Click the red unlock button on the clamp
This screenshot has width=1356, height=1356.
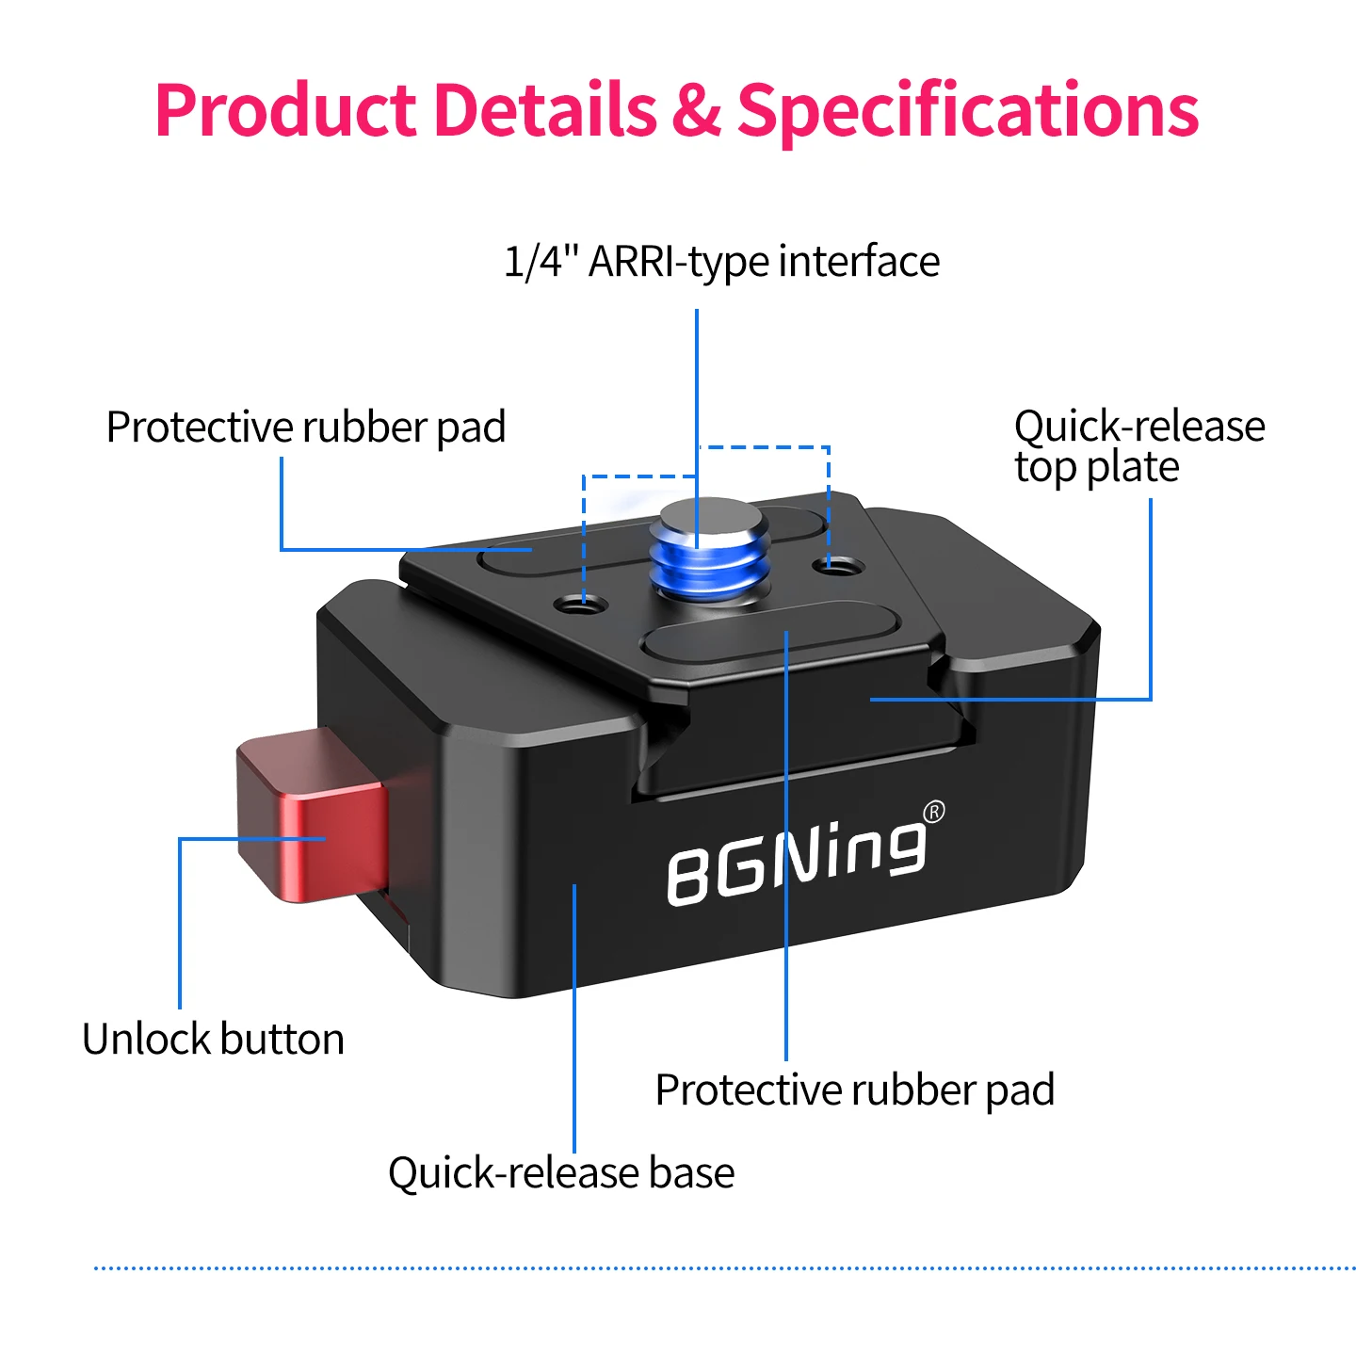point(312,815)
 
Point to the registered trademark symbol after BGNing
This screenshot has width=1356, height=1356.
point(934,812)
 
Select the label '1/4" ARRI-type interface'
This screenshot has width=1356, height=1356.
point(721,262)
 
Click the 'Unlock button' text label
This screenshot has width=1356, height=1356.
point(213,1039)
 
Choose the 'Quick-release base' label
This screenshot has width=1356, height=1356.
point(561,1173)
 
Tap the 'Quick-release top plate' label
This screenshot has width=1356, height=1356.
point(1139,446)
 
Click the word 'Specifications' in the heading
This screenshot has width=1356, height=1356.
point(968,111)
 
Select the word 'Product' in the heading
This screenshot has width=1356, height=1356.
point(285,110)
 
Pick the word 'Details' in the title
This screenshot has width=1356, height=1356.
point(545,110)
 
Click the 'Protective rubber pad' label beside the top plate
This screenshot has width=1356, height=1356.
point(306,428)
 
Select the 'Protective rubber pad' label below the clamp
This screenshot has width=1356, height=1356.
point(855,1090)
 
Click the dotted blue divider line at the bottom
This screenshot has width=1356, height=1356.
point(725,1268)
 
